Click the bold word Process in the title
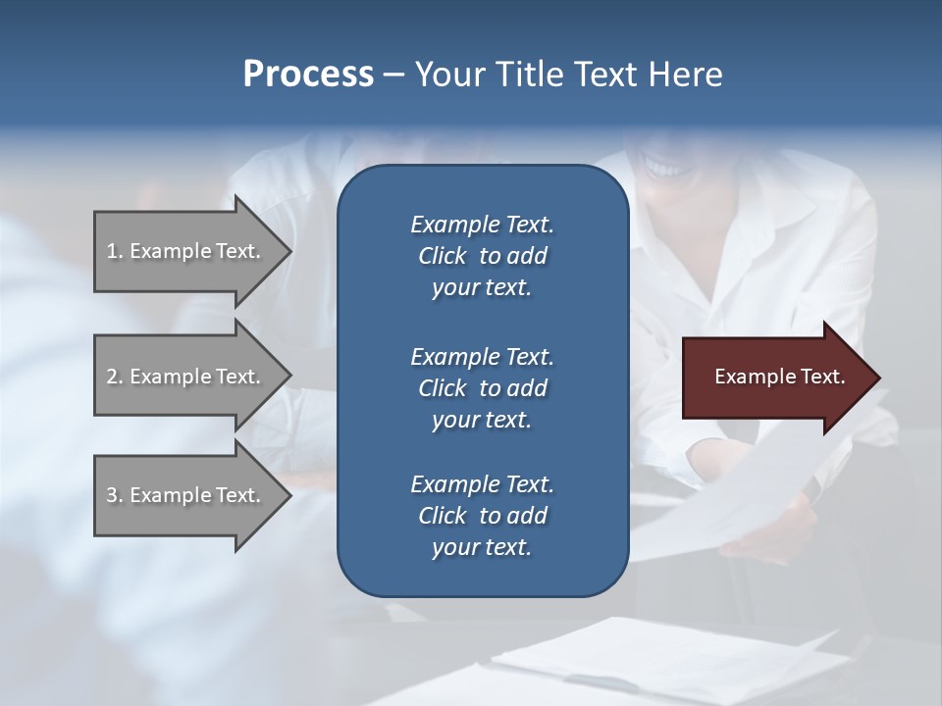(x=308, y=75)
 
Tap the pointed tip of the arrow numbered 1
(x=289, y=251)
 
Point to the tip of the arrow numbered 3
(x=289, y=495)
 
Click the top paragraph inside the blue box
(x=482, y=256)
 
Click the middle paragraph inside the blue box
(x=482, y=387)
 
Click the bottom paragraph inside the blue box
(x=482, y=516)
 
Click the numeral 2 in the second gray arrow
(x=111, y=377)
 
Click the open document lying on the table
(x=667, y=657)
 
